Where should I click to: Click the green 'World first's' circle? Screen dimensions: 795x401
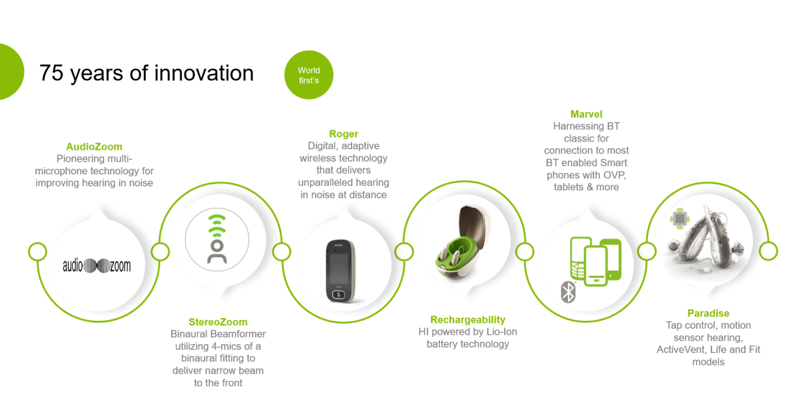(x=309, y=75)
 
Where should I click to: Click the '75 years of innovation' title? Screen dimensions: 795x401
(x=146, y=73)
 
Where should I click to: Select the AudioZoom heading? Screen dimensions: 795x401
(x=94, y=146)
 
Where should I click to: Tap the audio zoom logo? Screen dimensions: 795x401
(x=97, y=265)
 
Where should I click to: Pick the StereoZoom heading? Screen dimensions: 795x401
(x=218, y=322)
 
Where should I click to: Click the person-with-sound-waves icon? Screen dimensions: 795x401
(x=217, y=239)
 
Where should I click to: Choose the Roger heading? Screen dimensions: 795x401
(x=344, y=134)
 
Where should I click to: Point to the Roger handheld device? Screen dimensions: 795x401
(x=339, y=271)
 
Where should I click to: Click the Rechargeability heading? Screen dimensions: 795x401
(x=468, y=320)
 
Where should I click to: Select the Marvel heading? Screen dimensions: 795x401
(x=586, y=114)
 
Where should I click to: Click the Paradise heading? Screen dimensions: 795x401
(x=708, y=313)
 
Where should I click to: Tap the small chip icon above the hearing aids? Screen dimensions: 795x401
(x=679, y=219)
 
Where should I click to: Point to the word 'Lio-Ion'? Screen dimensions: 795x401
(x=500, y=332)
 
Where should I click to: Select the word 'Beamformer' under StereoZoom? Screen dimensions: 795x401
(x=238, y=334)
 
